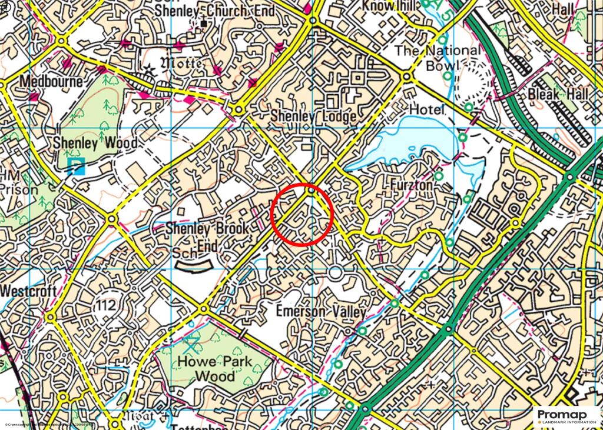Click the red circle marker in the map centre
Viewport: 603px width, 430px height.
tap(302, 215)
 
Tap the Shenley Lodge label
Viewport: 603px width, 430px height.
tap(313, 116)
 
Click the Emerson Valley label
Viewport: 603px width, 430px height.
tap(322, 312)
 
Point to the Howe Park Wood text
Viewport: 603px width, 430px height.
tap(215, 369)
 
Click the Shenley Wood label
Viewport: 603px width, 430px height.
tap(95, 143)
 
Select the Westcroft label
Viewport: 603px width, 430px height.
tap(28, 292)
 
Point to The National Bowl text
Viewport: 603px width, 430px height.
tap(438, 58)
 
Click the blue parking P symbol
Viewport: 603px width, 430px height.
tap(75, 166)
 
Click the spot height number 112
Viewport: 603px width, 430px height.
tap(108, 303)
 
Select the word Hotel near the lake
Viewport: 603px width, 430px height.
tap(426, 109)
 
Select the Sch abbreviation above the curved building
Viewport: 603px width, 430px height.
tap(183, 253)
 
